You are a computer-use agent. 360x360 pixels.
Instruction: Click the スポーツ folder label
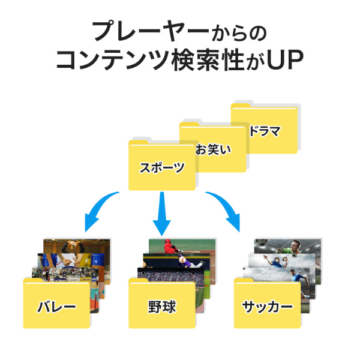tap(162, 168)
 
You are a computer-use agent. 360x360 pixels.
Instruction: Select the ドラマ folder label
tap(265, 131)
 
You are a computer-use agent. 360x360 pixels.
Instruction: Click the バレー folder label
tap(56, 307)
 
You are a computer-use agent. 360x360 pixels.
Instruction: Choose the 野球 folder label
tap(162, 307)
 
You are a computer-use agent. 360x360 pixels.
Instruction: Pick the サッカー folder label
tap(268, 307)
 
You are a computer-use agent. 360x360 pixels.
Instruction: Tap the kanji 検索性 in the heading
tap(205, 60)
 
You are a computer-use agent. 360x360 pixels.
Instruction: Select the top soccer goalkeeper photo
tap(285, 247)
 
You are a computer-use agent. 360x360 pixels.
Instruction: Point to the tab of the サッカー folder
tap(245, 281)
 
